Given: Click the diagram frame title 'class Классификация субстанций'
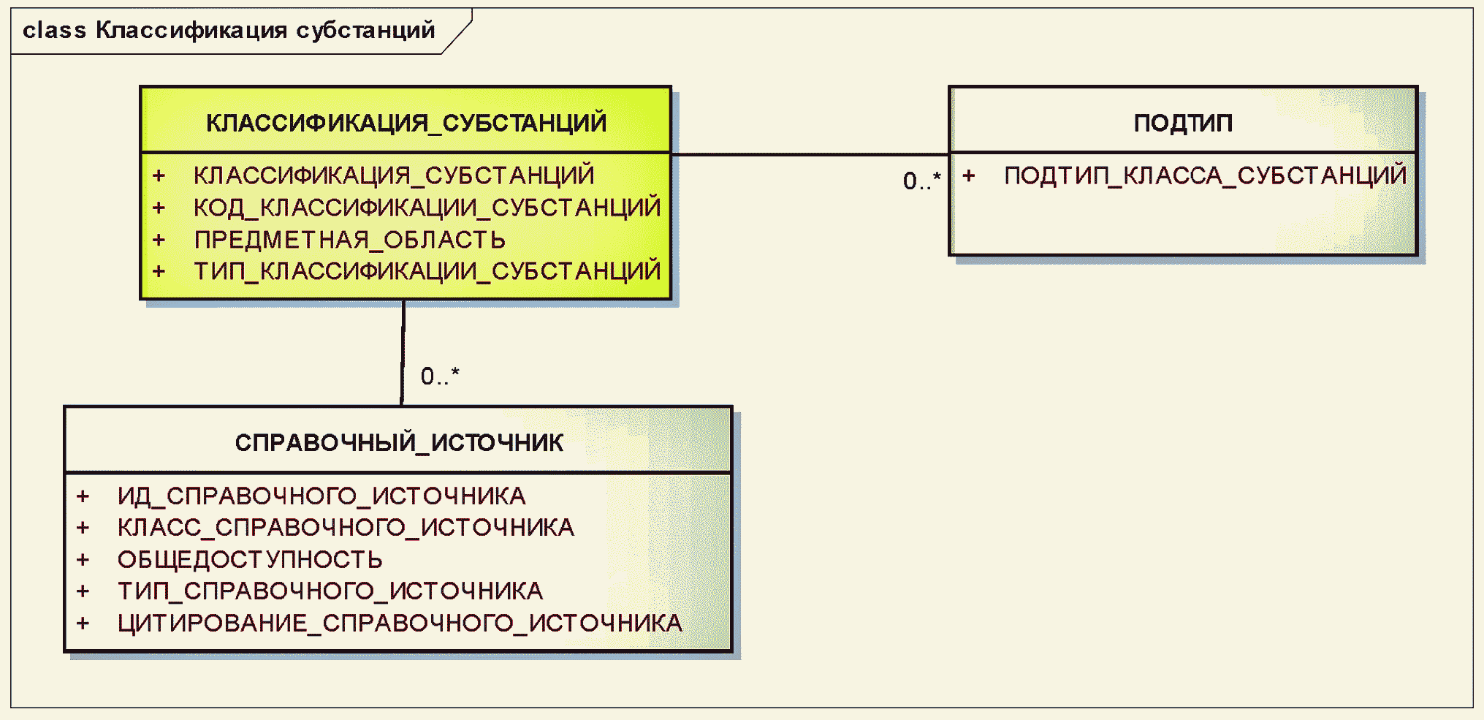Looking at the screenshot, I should [229, 31].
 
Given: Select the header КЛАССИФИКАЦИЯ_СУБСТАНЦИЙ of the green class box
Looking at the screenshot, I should [406, 123].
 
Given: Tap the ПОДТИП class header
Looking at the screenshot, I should [1183, 123].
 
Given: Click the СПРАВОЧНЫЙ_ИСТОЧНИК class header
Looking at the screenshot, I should [399, 442].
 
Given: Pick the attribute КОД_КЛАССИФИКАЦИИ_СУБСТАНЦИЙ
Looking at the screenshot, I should [427, 208].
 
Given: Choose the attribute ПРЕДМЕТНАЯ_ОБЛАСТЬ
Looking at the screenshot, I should [349, 240].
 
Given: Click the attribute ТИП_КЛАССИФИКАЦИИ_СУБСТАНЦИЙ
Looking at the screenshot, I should [427, 271].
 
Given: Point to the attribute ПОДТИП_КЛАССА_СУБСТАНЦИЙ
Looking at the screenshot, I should [1205, 175].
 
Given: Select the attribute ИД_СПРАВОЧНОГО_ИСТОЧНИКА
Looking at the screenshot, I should [321, 496].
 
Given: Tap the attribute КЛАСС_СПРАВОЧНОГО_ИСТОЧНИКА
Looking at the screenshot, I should [346, 528].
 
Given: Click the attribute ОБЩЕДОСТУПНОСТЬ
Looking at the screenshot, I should [250, 560].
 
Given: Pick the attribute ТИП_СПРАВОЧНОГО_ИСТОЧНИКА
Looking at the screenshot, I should [330, 591].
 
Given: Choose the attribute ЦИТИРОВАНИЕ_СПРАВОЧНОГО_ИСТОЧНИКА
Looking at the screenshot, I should [400, 623].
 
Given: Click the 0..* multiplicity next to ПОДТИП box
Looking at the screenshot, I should [921, 181].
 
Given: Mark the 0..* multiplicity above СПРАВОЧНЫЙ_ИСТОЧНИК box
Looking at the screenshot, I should [440, 376].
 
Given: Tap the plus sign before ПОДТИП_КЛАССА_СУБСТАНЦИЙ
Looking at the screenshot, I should [969, 175].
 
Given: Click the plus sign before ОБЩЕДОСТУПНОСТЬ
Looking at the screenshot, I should [83, 560].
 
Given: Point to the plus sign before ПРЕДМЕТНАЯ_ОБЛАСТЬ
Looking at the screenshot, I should [159, 240].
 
